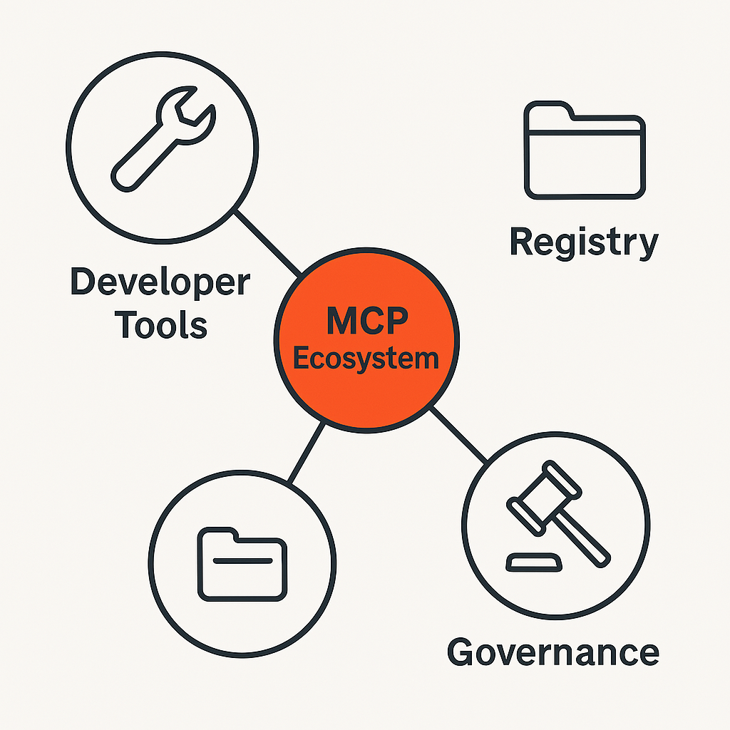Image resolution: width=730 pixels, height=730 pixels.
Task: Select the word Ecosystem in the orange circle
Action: tap(366, 358)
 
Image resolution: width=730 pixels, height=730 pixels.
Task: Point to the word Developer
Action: tap(160, 283)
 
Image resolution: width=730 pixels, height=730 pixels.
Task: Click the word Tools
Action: tap(161, 325)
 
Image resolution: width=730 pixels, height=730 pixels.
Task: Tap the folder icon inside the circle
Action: tap(242, 563)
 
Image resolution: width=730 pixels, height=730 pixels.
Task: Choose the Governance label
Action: tap(552, 652)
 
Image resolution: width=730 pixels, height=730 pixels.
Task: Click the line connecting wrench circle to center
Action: tap(267, 242)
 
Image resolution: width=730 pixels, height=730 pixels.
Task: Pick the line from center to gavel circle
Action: tap(460, 435)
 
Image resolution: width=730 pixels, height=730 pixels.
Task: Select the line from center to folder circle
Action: tap(307, 453)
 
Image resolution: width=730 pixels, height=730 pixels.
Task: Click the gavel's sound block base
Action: tap(533, 562)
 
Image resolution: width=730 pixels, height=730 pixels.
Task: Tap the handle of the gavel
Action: tap(581, 535)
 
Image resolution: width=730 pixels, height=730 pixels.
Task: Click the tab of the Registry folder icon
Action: tap(547, 110)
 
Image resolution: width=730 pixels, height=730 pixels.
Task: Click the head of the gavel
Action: tap(535, 492)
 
